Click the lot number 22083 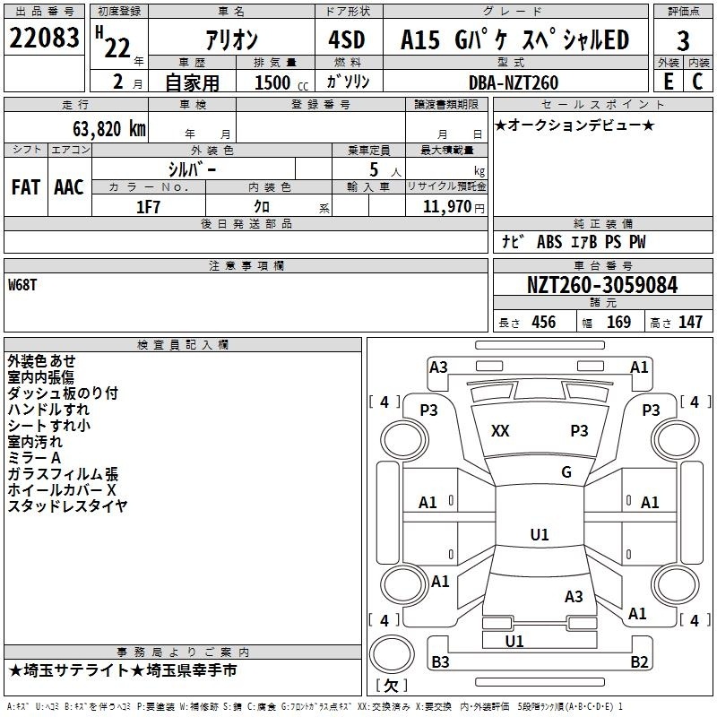click(x=44, y=38)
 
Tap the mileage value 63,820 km click(x=109, y=128)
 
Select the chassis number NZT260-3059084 click(x=602, y=285)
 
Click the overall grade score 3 click(x=683, y=40)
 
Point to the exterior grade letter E click(x=668, y=82)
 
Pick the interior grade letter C click(x=697, y=82)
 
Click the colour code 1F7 click(x=148, y=207)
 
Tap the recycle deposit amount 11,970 click(x=446, y=206)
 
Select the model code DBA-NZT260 click(x=514, y=82)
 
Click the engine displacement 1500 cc click(x=281, y=82)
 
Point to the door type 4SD click(x=347, y=39)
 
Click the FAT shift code click(x=26, y=187)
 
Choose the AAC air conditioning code click(x=69, y=187)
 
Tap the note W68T click(x=22, y=285)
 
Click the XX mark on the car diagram click(x=500, y=431)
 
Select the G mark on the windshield click(x=566, y=471)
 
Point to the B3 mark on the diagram click(x=440, y=661)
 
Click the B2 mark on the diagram click(x=639, y=661)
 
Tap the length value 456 click(x=544, y=322)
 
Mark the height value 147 click(x=690, y=322)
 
